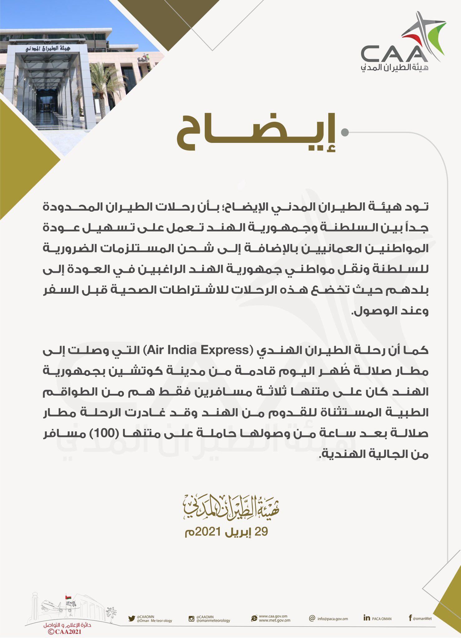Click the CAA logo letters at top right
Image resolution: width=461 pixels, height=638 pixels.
click(x=394, y=53)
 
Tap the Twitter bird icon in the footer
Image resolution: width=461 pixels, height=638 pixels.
click(x=131, y=618)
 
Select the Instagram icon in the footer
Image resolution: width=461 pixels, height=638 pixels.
click(x=192, y=618)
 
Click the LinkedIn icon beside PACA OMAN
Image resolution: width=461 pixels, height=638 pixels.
click(x=367, y=617)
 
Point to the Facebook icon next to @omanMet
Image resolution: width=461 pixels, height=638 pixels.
click(x=411, y=618)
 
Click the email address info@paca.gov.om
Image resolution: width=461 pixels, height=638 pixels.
click(x=332, y=619)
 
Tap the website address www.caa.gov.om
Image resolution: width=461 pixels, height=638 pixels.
click(x=273, y=616)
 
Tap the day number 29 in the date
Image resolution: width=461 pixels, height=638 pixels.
click(x=261, y=532)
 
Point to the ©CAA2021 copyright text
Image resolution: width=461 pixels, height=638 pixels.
click(x=65, y=631)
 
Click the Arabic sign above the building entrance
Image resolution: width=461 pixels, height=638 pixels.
click(x=48, y=49)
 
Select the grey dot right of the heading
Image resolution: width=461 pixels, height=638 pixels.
click(x=345, y=132)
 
